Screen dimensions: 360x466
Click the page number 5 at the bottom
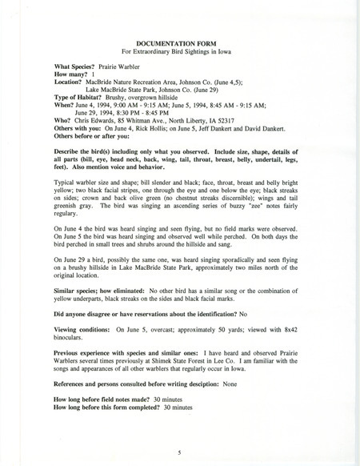pyautogui.click(x=180, y=452)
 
